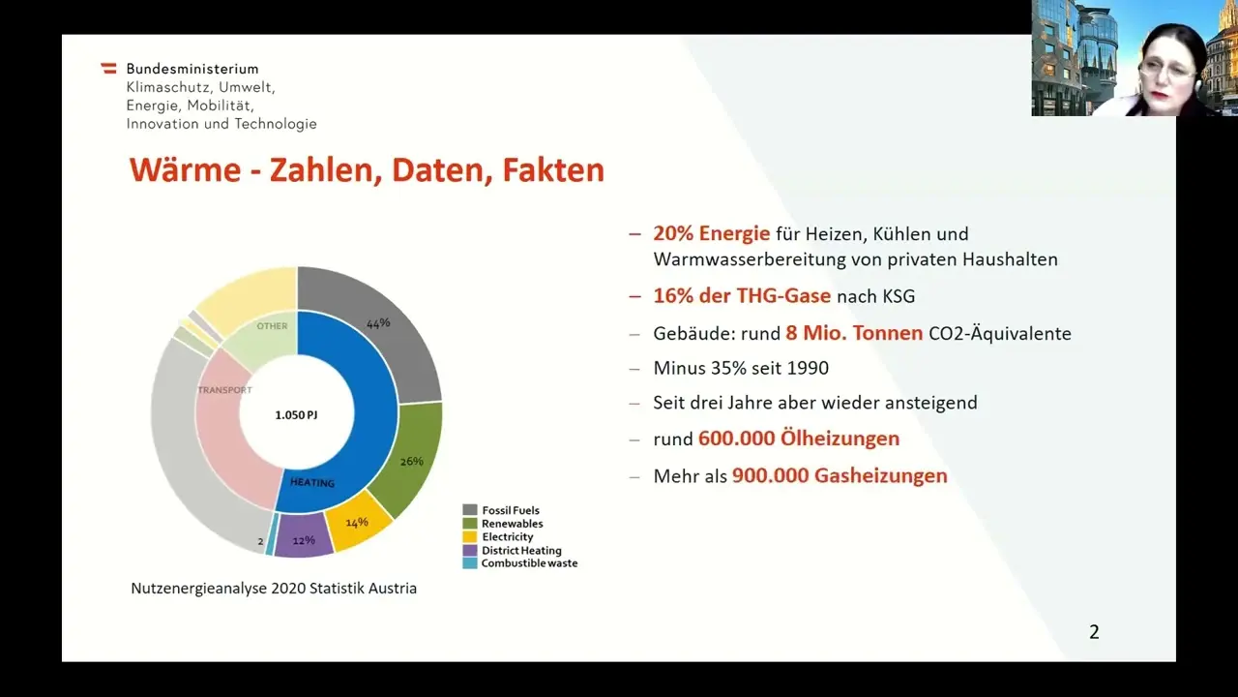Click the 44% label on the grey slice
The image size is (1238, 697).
pyautogui.click(x=378, y=323)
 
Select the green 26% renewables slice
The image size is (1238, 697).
pyautogui.click(x=410, y=458)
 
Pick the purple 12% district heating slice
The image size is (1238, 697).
pyautogui.click(x=304, y=535)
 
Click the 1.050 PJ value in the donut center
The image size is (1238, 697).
pyautogui.click(x=296, y=415)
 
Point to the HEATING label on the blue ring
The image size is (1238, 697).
pyautogui.click(x=312, y=482)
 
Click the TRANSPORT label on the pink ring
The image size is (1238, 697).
pyautogui.click(x=225, y=390)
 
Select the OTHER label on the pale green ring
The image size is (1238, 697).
pyautogui.click(x=272, y=326)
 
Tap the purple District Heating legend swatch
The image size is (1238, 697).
pyautogui.click(x=470, y=551)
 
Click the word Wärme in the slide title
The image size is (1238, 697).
pyautogui.click(x=186, y=169)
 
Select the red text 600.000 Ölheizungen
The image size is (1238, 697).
pyautogui.click(x=799, y=439)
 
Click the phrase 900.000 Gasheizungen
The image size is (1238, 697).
pyautogui.click(x=840, y=475)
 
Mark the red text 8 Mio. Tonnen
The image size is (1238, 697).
pyautogui.click(x=854, y=333)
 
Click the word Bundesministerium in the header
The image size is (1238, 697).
pyautogui.click(x=192, y=69)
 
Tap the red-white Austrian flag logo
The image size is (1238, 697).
pyautogui.click(x=109, y=69)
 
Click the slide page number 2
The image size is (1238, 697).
pyautogui.click(x=1094, y=632)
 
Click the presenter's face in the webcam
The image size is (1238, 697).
pyautogui.click(x=1167, y=75)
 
